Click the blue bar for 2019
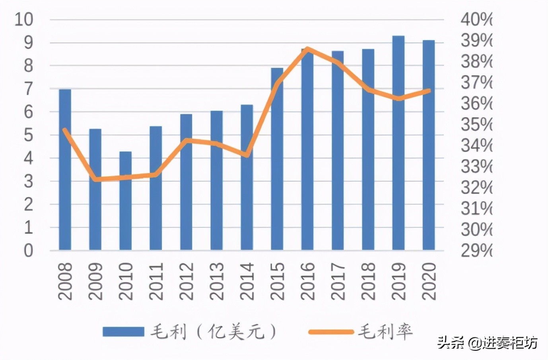pos(398,143)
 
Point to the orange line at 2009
pos(95,179)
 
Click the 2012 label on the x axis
pos(186,281)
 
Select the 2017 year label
pos(338,281)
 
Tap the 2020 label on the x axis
pos(429,281)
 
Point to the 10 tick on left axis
pos(23,19)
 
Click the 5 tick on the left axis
pos(28,135)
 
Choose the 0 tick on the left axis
pos(28,251)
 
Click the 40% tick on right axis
pos(476,19)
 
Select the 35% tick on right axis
pos(476,124)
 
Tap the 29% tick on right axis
pos(476,250)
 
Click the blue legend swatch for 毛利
pos(123,331)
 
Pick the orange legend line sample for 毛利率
pos(331,331)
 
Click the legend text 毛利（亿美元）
pos(213,331)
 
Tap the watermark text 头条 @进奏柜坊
pos(488,343)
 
